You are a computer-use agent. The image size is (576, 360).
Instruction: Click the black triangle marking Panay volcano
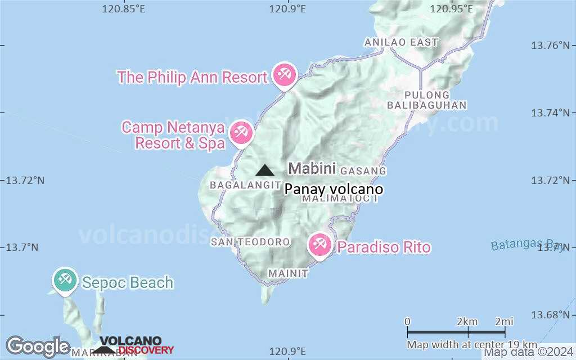coord(264,170)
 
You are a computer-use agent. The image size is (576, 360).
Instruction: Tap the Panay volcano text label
coord(334,190)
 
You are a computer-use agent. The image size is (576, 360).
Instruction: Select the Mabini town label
coord(312,168)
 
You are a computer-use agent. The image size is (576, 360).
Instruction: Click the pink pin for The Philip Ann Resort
coord(283,74)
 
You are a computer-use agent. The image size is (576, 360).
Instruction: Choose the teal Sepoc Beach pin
coord(65,280)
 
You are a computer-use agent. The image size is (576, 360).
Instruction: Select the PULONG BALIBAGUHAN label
coord(427,100)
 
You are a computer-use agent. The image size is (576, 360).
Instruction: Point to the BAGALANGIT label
coord(245,184)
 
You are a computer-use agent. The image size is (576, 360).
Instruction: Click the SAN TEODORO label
coord(250,242)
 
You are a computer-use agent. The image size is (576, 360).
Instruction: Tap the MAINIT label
coord(288,273)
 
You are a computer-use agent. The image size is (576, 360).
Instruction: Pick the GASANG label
coord(363,170)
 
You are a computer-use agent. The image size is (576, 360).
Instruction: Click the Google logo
coord(38,346)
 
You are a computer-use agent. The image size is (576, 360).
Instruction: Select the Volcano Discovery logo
coord(137,345)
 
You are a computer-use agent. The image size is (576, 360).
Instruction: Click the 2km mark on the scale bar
coord(467,322)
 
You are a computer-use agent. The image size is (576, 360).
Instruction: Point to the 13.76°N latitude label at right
coord(552,44)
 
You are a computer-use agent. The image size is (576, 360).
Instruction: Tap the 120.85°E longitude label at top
coord(124,8)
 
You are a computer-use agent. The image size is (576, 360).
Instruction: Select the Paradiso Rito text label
coord(384,247)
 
